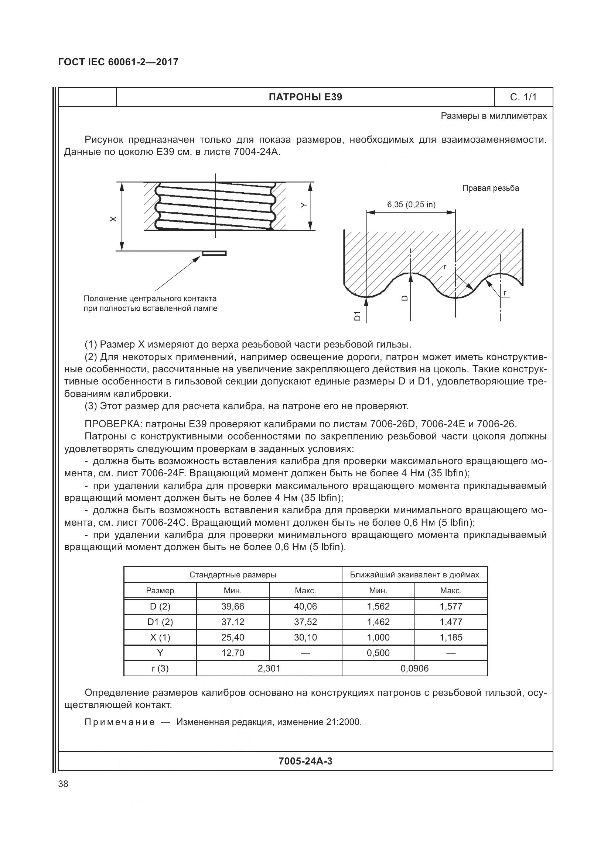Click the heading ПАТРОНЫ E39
click(305, 97)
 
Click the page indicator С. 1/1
click(523, 97)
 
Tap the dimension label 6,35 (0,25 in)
click(411, 205)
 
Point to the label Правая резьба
click(490, 188)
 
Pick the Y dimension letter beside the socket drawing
click(304, 205)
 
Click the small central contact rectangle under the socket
click(214, 253)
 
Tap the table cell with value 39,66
click(232, 606)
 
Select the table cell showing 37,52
click(305, 622)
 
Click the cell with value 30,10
click(305, 638)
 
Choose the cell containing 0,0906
click(414, 668)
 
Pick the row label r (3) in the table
click(160, 668)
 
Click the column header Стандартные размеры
click(232, 575)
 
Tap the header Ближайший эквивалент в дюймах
click(414, 575)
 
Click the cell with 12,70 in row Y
click(232, 653)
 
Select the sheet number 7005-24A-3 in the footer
click(305, 761)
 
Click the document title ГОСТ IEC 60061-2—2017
click(118, 62)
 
